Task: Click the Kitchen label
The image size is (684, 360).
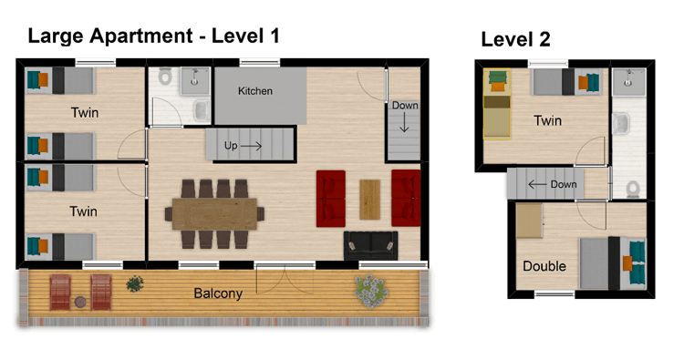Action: (x=255, y=91)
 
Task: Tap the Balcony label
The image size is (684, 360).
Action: (x=218, y=293)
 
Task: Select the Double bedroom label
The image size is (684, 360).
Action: (x=544, y=266)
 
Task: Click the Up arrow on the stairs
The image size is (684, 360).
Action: (x=252, y=146)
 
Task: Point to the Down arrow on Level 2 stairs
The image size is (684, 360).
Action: (x=537, y=184)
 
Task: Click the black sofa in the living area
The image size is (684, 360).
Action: (x=371, y=246)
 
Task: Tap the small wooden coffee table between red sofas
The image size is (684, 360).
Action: (x=370, y=200)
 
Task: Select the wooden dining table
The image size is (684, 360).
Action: (x=214, y=214)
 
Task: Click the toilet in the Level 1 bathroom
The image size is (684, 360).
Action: (x=165, y=77)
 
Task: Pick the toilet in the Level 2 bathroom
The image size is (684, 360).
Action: (x=633, y=190)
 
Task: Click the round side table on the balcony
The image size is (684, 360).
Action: (x=80, y=302)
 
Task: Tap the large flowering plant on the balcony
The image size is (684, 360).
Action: (x=371, y=291)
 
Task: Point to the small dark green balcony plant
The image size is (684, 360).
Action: (x=135, y=283)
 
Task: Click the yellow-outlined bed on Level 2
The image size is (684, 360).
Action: (x=497, y=104)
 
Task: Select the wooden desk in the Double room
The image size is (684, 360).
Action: (x=530, y=221)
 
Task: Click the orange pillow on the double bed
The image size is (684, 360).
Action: (x=627, y=263)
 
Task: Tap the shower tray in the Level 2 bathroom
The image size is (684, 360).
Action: (x=628, y=81)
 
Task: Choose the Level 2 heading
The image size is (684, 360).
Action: (x=515, y=40)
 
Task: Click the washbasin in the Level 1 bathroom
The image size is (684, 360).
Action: (x=202, y=110)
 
